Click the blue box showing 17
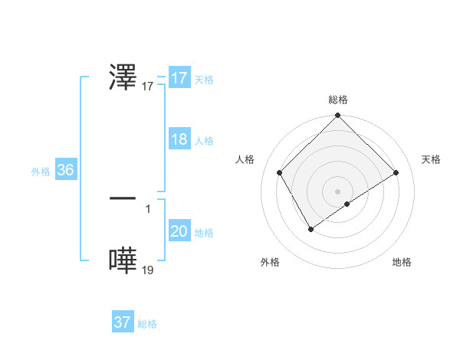(179, 78)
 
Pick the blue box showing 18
(179, 139)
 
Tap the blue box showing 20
(179, 231)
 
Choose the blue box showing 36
(65, 170)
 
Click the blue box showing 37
(123, 322)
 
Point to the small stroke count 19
(148, 270)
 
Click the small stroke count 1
(147, 208)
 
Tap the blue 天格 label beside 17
(204, 80)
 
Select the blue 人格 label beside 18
(204, 141)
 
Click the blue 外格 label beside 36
(41, 172)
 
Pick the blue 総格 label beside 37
(147, 324)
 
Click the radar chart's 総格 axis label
(337, 100)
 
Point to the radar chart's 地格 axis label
(402, 262)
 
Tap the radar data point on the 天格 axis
(396, 173)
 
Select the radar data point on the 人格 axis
(279, 172)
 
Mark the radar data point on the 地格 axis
(347, 204)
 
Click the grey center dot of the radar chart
(337, 191)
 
